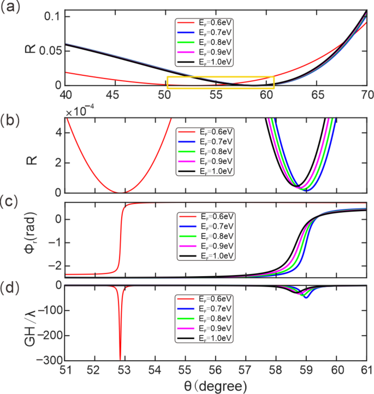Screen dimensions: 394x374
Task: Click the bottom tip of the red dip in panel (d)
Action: click(120, 359)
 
